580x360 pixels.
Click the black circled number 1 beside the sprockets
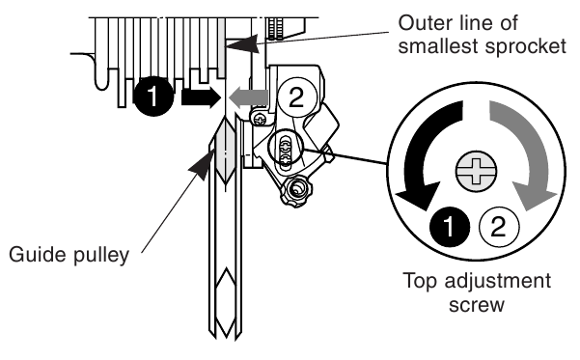pos(153,97)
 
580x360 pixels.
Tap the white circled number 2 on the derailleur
pos(297,97)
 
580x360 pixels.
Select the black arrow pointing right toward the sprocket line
pos(201,97)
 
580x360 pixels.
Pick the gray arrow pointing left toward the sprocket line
pos(248,97)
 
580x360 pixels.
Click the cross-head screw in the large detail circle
pos(476,172)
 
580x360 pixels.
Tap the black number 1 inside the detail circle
pos(450,227)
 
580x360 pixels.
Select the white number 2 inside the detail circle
pos(498,227)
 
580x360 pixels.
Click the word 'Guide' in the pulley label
pos(38,255)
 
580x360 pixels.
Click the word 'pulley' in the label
pos(101,256)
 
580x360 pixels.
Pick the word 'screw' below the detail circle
pos(477,305)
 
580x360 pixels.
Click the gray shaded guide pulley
pos(225,152)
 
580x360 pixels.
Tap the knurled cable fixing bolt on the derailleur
pos(295,190)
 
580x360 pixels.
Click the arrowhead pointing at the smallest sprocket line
pos(242,43)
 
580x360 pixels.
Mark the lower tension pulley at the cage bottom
pos(225,303)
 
